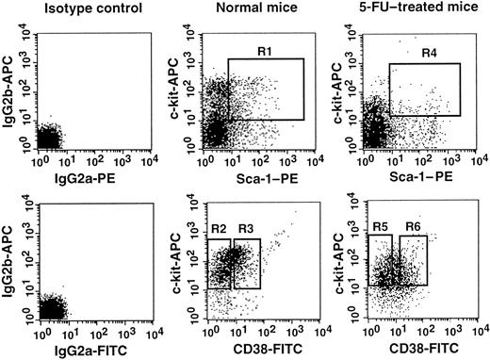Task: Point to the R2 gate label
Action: click(x=217, y=229)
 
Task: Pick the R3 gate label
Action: click(x=246, y=229)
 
